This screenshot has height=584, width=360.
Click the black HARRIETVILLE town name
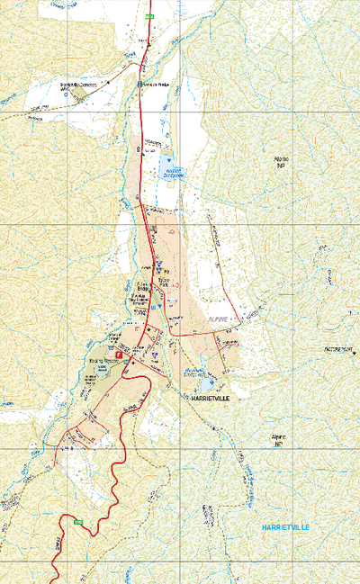204,396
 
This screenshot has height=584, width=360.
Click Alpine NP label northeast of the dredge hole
281,163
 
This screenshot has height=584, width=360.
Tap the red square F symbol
116,355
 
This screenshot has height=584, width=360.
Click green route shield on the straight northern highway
150,16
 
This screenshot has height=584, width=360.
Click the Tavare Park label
164,282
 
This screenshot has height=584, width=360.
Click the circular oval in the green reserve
103,371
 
